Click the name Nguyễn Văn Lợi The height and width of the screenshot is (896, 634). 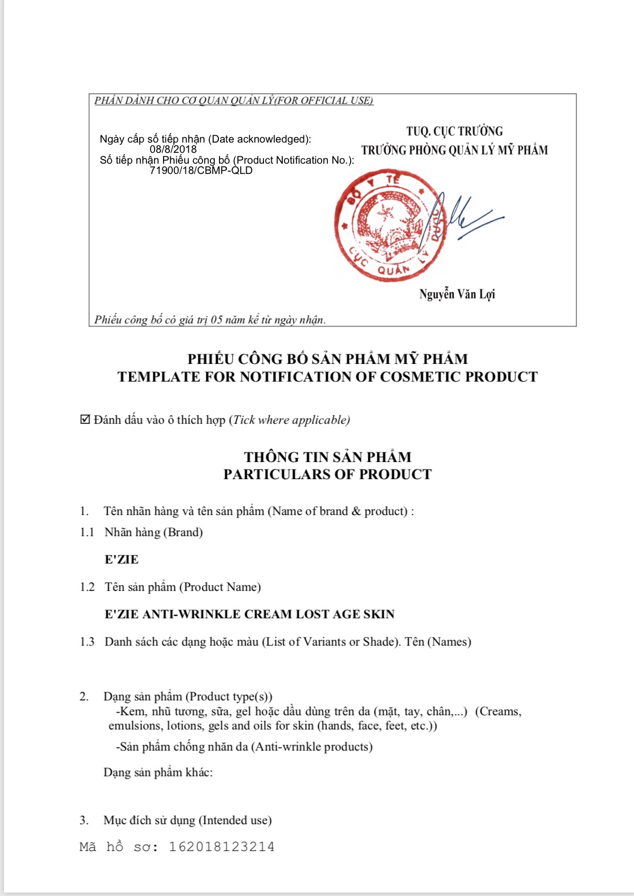pos(457,294)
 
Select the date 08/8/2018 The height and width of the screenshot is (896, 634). pos(173,149)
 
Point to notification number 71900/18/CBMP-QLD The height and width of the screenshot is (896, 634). pos(201,171)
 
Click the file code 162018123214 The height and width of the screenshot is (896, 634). pos(221,847)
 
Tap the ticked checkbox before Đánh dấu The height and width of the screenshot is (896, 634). pos(85,420)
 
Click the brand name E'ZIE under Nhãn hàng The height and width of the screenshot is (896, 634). pos(121,560)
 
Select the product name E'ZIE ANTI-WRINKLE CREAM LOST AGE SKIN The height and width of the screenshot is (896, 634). pos(249,614)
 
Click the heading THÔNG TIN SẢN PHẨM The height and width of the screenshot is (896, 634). pos(327,457)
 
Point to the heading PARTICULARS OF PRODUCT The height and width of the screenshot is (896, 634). pos(327,475)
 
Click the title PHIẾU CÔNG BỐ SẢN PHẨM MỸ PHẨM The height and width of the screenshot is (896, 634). pos(327,359)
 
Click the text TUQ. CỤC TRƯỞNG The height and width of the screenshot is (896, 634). pos(454,131)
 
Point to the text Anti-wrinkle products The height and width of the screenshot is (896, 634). pos(312,747)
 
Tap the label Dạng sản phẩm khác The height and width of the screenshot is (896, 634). pos(158,773)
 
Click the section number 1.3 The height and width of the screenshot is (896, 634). pos(87,642)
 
